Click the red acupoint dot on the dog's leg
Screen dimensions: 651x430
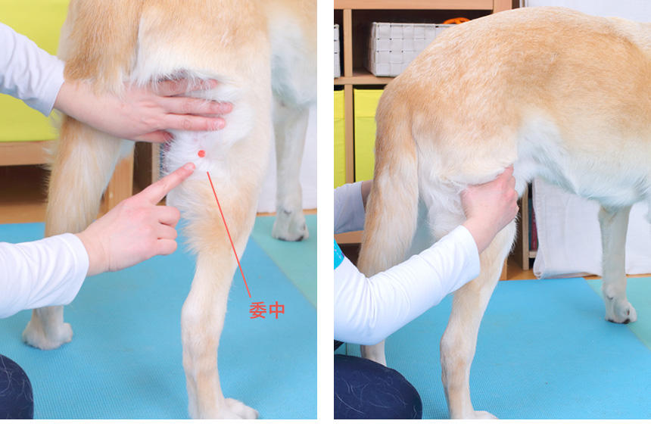tap(202, 154)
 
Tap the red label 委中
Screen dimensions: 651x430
tap(267, 310)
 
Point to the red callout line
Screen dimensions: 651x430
tap(229, 235)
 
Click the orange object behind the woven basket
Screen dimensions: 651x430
tap(456, 20)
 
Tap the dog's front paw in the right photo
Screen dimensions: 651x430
tap(620, 310)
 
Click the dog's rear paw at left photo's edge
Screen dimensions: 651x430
tap(48, 333)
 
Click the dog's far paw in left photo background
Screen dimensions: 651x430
tap(290, 226)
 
